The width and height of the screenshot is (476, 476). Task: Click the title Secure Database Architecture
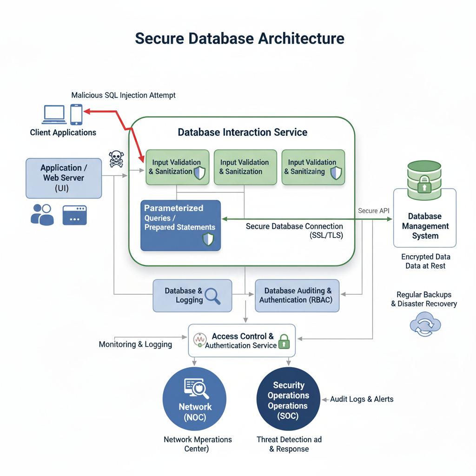(239, 38)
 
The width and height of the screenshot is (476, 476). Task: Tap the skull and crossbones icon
(116, 159)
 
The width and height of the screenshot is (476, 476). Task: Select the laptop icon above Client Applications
(54, 114)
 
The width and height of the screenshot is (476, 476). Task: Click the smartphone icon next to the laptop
(76, 114)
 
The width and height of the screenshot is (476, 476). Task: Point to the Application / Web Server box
(64, 178)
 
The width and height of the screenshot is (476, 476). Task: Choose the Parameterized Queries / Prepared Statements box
(181, 225)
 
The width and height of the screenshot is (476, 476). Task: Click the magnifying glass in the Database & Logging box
(212, 296)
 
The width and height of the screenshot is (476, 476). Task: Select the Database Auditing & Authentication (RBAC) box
(297, 296)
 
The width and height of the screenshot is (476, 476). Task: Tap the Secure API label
(374, 211)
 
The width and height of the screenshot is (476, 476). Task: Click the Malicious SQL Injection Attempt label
(124, 95)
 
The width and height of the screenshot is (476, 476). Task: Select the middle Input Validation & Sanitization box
(245, 167)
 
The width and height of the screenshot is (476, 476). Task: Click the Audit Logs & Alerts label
(362, 399)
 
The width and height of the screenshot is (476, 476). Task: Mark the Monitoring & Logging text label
(135, 344)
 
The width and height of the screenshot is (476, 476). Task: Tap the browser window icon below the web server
(74, 215)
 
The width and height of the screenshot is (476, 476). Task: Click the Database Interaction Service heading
(242, 132)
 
